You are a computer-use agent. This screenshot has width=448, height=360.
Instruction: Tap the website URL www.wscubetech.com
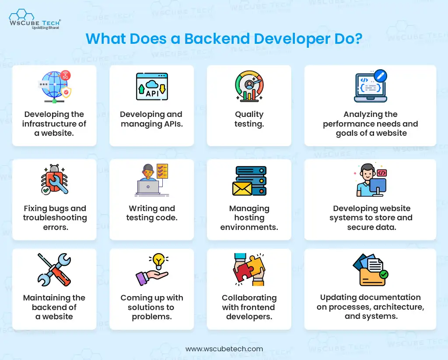[x=224, y=349]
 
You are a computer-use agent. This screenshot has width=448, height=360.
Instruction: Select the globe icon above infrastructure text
[x=54, y=87]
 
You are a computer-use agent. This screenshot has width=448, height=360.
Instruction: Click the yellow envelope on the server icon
[x=242, y=188]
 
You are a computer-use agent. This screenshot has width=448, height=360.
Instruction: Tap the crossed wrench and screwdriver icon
[x=54, y=270]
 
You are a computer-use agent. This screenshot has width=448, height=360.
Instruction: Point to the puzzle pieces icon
[x=249, y=270]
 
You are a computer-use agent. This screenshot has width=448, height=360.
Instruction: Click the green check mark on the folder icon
[x=384, y=275]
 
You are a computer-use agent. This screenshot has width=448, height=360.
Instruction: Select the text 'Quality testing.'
[x=249, y=119]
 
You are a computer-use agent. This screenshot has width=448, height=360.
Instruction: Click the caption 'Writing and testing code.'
[x=151, y=213]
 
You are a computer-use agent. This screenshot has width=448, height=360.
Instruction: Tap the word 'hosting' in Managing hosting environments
[x=249, y=218]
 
